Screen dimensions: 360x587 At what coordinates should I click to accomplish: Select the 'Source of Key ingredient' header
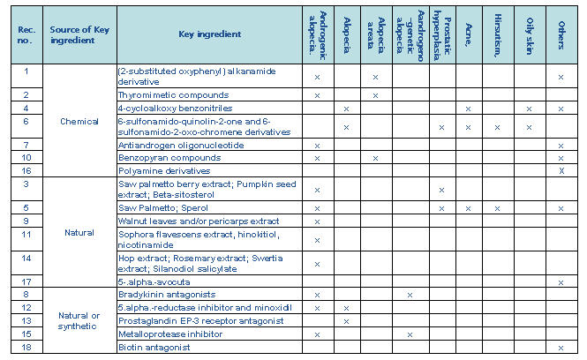point(80,34)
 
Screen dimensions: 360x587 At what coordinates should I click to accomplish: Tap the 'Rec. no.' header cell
point(26,34)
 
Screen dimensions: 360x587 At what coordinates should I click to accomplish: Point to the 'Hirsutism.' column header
point(500,34)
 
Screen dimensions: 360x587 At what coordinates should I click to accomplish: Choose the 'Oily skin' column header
point(530,34)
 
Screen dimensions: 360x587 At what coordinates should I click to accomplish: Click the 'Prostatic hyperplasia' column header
point(441,34)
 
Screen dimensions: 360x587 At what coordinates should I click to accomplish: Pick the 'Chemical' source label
point(80,121)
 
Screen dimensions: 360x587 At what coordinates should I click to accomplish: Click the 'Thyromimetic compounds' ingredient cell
point(162,94)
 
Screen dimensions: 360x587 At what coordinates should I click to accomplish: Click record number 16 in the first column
point(26,169)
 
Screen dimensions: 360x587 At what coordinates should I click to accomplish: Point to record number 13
point(26,320)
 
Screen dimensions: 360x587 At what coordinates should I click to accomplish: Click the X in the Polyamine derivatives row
point(561,169)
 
